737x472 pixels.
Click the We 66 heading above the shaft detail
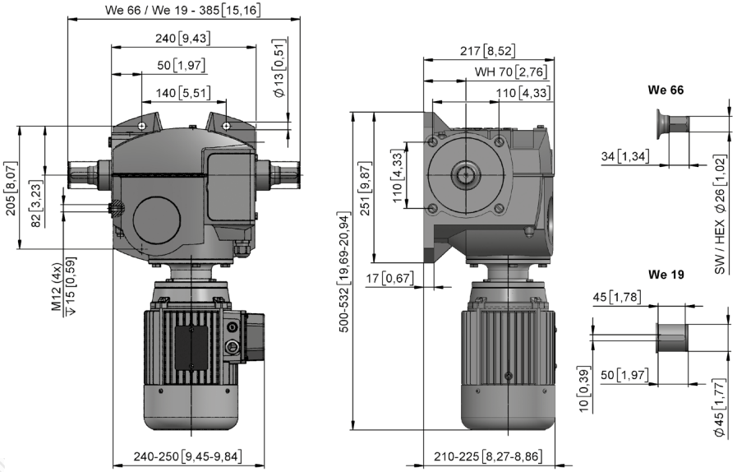point(666,90)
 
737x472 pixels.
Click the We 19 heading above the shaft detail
point(666,275)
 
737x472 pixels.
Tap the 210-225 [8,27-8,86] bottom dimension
point(488,456)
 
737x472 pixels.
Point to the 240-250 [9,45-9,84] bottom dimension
point(188,456)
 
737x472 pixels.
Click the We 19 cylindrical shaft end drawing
point(672,338)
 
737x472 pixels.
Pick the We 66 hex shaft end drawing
point(673,124)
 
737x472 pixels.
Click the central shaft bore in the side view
point(465,174)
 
